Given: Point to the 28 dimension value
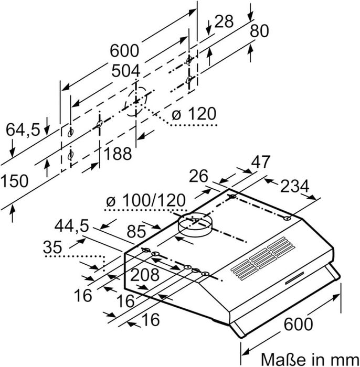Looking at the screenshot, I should click(223, 22).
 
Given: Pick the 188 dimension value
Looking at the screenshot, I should click(118, 154).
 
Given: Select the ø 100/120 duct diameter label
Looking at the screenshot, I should click(145, 200).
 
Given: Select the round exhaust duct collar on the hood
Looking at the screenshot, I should click(193, 226).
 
